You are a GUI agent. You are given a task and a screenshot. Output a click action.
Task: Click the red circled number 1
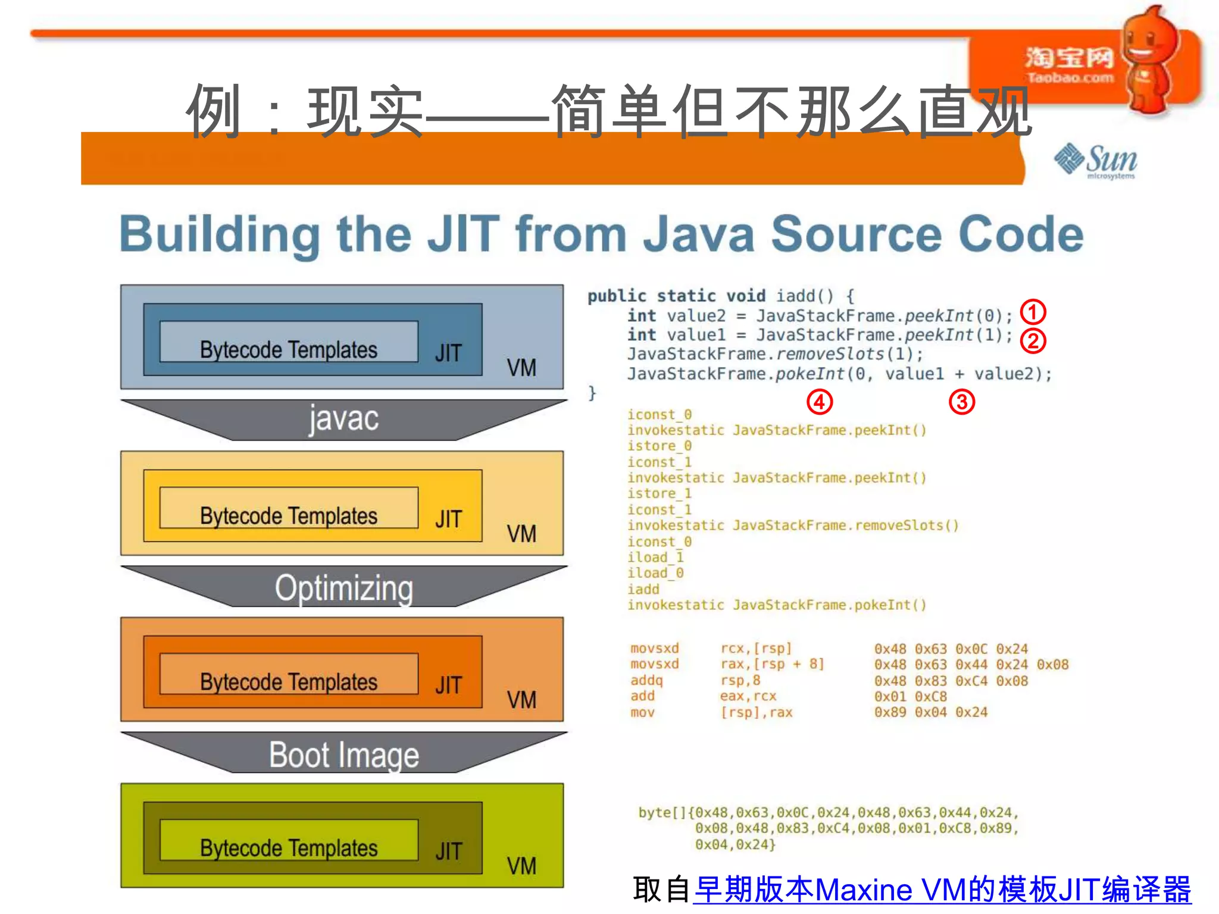coord(1033,312)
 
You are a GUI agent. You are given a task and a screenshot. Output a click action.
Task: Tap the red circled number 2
coord(1033,340)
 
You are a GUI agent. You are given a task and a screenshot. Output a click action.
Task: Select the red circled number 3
coord(961,402)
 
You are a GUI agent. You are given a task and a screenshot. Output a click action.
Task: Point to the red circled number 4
coord(819,402)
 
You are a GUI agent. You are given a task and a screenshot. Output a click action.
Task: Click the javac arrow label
coord(343,418)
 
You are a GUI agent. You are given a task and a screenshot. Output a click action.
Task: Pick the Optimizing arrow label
coord(343,588)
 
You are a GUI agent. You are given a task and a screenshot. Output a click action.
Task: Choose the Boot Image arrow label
coord(343,755)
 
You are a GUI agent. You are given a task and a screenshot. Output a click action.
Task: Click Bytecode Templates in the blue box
coord(289,349)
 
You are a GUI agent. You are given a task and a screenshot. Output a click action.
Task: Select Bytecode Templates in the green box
coord(289,847)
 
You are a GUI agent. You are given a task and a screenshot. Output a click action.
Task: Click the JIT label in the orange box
coord(448,685)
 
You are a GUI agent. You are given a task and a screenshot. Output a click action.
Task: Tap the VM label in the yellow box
coord(521,534)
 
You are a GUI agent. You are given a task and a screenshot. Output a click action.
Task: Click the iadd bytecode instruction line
coord(643,589)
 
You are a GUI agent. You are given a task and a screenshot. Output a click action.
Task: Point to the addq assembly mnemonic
coord(646,680)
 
